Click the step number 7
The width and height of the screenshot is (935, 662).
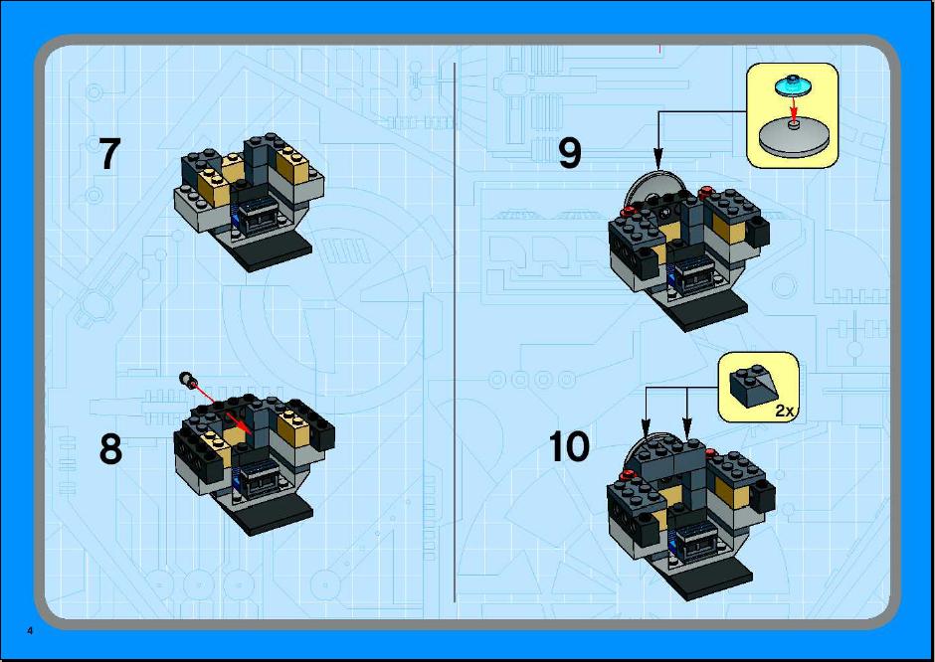coord(109,154)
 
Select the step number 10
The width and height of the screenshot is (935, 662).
coord(569,446)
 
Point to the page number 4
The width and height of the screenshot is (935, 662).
coord(30,631)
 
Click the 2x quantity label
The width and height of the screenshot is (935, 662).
coord(785,411)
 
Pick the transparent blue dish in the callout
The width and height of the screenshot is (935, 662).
coord(793,86)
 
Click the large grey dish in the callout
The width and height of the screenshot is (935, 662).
coord(794,137)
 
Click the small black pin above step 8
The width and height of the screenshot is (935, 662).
coord(187,379)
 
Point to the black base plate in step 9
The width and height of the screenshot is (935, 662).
coord(709,309)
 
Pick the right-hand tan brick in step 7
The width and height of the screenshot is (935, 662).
coord(294,164)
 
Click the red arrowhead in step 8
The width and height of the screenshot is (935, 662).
coord(244,428)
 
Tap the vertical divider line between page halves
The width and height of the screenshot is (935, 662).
coord(455,332)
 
